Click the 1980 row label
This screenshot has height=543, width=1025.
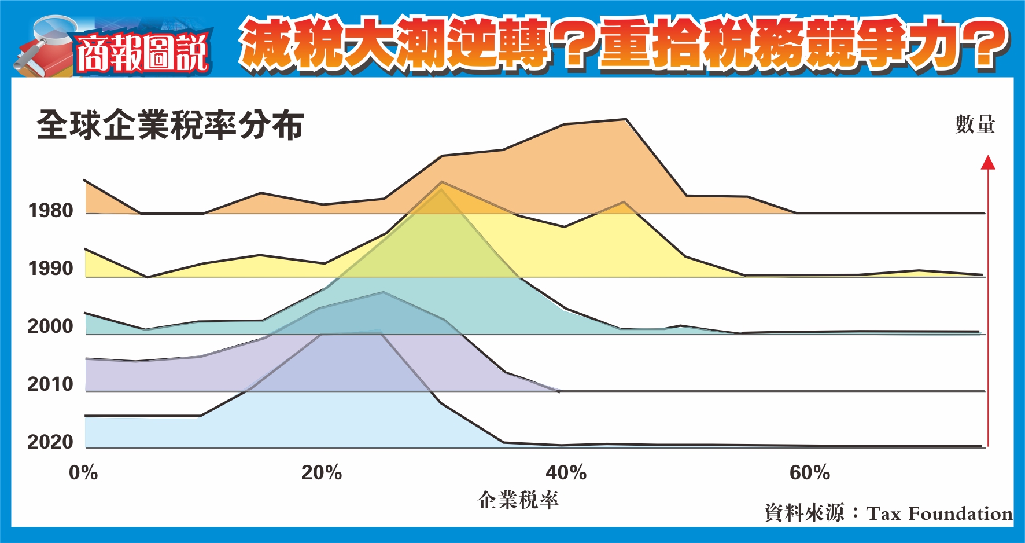point(51,210)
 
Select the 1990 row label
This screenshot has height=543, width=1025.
point(51,268)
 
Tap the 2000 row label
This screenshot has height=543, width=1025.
point(50,326)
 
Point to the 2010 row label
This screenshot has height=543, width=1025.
point(50,384)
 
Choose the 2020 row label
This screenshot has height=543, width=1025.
point(50,442)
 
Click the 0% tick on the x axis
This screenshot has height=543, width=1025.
point(83,472)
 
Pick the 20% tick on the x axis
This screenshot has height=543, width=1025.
point(322,472)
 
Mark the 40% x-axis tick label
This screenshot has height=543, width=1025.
point(566,472)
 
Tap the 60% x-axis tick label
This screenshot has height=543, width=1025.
point(810,472)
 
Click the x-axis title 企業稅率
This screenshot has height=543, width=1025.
point(518,500)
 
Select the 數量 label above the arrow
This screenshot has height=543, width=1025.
point(975,124)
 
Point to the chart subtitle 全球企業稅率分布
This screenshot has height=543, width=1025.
point(171,125)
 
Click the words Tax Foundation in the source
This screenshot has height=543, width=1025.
point(939,513)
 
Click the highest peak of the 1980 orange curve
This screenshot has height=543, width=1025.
point(625,119)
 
